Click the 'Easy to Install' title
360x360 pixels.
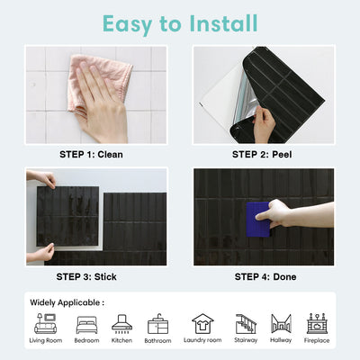pyautogui.click(x=180, y=22)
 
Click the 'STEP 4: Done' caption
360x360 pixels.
pyautogui.click(x=264, y=276)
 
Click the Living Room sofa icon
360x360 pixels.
pyautogui.click(x=45, y=324)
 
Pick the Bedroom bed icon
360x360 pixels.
pyautogui.click(x=87, y=324)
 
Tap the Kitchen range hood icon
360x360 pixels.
pyautogui.click(x=121, y=324)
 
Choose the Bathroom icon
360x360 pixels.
pyautogui.click(x=157, y=324)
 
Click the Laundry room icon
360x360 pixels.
pyautogui.click(x=202, y=324)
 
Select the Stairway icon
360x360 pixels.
pyautogui.click(x=246, y=324)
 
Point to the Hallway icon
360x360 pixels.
pyautogui.click(x=281, y=324)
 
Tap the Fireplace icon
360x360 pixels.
pyautogui.click(x=316, y=324)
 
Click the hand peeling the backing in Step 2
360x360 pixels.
pyautogui.click(x=264, y=124)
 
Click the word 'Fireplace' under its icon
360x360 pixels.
pyautogui.click(x=316, y=341)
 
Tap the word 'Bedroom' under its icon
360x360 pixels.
pyautogui.click(x=87, y=341)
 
